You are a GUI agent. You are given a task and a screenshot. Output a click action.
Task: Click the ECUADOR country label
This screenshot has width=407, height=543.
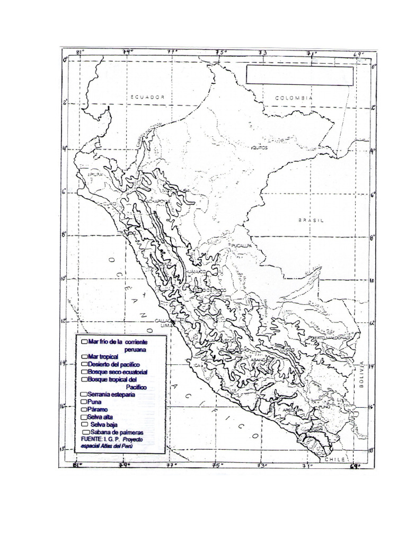click(148, 97)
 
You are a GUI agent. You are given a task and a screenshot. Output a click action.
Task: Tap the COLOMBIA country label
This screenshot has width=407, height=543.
click(294, 99)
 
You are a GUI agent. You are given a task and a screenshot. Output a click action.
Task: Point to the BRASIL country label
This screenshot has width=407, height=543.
click(310, 220)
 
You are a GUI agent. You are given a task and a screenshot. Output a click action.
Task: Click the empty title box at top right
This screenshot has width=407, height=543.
click(299, 75)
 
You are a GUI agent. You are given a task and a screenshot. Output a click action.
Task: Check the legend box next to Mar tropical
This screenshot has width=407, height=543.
click(85, 357)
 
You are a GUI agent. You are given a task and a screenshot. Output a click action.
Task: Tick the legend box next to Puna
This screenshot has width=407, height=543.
click(84, 402)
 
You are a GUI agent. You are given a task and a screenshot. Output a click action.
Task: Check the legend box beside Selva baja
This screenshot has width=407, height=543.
click(85, 425)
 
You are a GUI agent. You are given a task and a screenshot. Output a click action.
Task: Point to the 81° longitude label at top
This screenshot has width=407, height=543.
click(80, 52)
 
